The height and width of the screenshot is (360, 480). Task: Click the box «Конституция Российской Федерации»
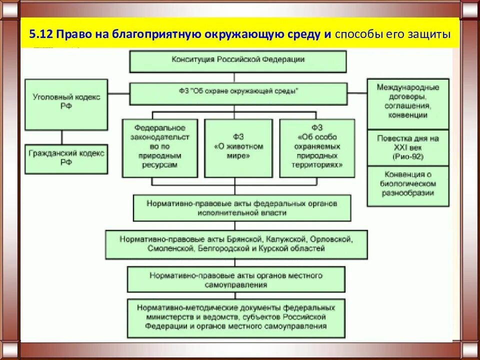pos(238,60)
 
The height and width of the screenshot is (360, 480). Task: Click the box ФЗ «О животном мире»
pos(238,148)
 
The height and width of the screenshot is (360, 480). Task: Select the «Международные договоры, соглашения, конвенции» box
pos(407,103)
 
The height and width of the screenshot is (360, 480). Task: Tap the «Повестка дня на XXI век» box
pos(407,147)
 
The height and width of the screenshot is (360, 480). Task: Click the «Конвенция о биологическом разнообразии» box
pos(407,185)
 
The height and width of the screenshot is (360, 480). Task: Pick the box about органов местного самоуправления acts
pos(236,279)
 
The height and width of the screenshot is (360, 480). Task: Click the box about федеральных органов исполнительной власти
pos(242,208)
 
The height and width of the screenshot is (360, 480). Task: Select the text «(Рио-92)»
pos(407,156)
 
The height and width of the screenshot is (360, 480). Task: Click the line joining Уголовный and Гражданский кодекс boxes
pos(62,137)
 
